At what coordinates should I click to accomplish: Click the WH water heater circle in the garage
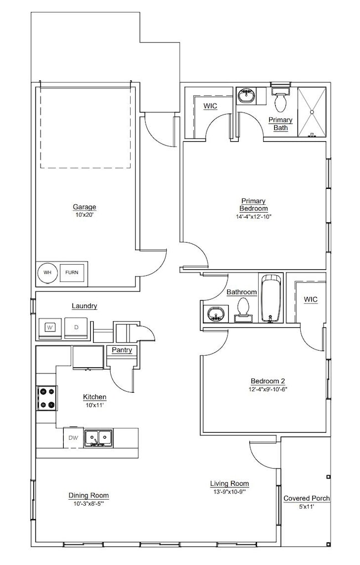tap(48, 273)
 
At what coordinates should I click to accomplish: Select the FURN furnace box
tap(72, 273)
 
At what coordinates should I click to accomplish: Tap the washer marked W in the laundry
tap(49, 327)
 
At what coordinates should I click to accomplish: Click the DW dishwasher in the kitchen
tap(73, 437)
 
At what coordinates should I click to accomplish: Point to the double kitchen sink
tap(97, 437)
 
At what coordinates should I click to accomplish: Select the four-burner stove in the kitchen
tap(46, 398)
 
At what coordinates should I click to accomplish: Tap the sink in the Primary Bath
tap(246, 97)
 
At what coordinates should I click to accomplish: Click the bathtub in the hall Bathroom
tap(271, 297)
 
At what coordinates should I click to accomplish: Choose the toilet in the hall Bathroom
tap(243, 310)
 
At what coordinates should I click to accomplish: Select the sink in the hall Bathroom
tap(215, 314)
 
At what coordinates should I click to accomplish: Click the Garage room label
tap(85, 207)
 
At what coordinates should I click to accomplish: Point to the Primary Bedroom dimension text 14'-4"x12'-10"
tap(254, 217)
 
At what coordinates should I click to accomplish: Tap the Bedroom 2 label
tap(268, 381)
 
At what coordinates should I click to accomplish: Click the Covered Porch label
tap(306, 499)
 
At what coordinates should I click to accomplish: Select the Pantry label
tap(121, 350)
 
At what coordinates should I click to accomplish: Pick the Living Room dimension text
tap(229, 491)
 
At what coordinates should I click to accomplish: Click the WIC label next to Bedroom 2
tap(311, 299)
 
